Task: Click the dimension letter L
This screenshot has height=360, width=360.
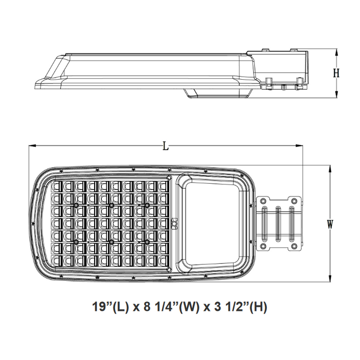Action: tap(166, 146)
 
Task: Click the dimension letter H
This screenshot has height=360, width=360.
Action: tap(336, 73)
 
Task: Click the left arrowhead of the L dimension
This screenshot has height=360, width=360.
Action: tap(31, 146)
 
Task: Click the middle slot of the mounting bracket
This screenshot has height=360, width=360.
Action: tap(279, 223)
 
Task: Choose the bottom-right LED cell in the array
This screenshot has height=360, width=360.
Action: tap(163, 261)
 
